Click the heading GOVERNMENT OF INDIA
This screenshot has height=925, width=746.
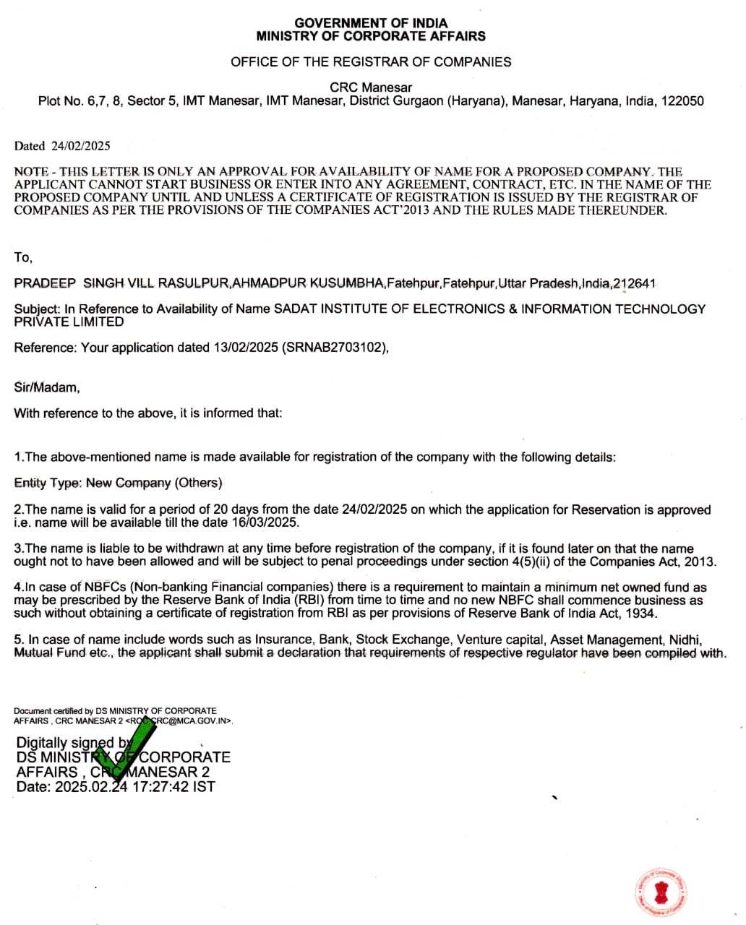371,23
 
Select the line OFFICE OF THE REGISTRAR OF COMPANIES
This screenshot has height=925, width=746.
371,62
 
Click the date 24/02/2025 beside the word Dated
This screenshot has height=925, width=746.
80,146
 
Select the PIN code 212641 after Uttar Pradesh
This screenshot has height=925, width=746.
634,283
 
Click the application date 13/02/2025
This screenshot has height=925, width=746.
246,348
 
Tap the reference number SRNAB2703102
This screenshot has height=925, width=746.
335,348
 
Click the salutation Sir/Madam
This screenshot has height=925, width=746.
47,387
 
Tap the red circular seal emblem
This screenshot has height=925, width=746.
661,891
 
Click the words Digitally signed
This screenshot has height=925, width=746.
65,743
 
